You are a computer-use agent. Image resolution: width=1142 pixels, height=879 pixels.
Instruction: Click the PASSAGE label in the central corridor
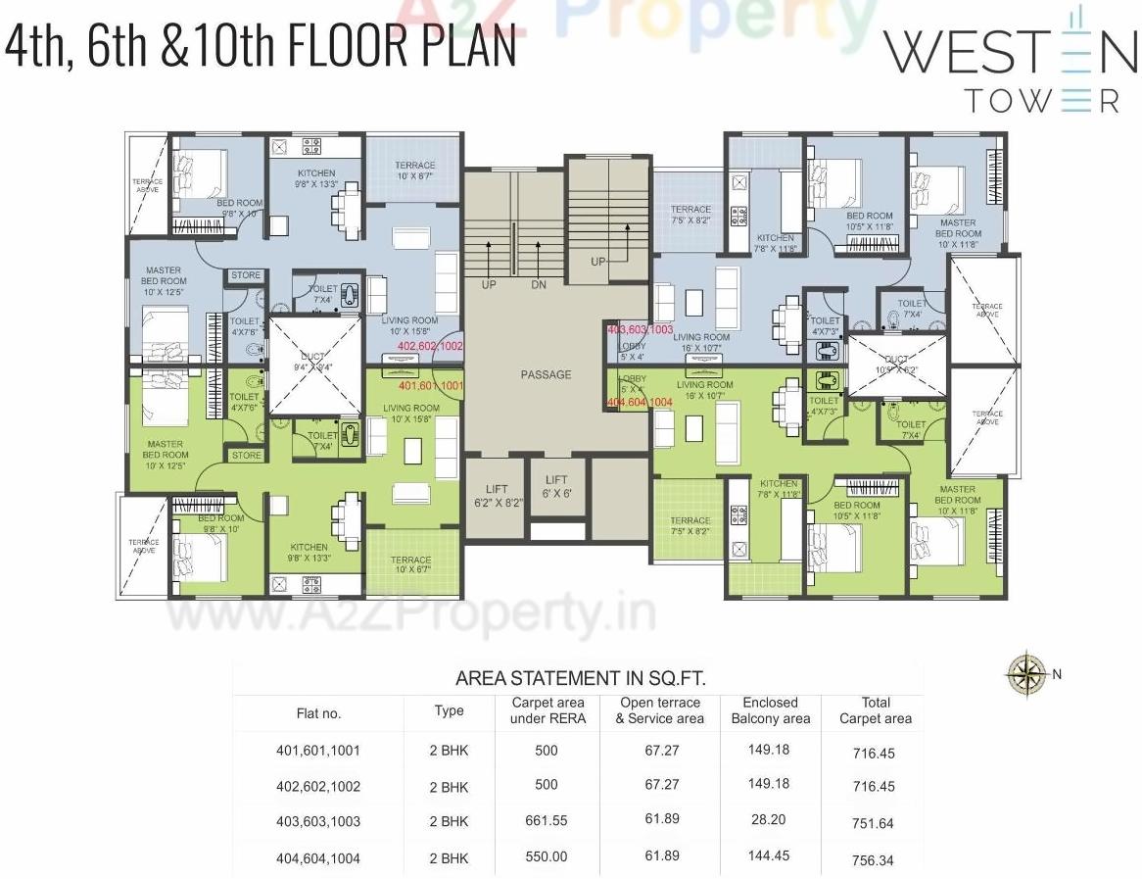[x=546, y=374]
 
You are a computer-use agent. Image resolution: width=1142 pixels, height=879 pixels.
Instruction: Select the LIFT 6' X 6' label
[x=556, y=488]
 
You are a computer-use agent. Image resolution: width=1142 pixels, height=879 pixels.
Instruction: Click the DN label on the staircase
[x=539, y=285]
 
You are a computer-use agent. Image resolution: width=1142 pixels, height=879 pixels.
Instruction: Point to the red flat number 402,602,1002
[x=430, y=346]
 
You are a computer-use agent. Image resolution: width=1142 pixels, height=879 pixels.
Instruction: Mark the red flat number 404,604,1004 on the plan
[x=640, y=402]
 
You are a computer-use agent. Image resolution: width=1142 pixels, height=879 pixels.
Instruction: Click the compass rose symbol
[x=1026, y=672]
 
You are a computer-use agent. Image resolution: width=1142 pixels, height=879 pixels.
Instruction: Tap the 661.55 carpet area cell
[x=546, y=821]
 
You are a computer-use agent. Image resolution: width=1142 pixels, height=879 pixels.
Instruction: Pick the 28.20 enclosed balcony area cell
[x=769, y=821]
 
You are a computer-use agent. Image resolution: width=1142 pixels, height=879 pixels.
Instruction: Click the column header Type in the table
[x=449, y=710]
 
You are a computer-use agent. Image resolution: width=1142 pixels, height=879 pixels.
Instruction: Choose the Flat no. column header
[x=318, y=713]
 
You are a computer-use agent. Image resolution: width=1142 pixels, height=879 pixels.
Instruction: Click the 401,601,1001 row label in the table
[x=318, y=751]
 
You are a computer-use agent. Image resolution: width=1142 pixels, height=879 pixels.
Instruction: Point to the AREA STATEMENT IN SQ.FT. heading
[x=581, y=678]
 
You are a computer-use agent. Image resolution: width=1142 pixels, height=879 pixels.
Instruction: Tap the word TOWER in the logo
[x=1041, y=100]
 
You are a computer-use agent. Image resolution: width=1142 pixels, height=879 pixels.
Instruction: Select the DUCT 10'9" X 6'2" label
[x=897, y=366]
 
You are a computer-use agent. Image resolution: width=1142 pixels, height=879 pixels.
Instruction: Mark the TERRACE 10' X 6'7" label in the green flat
[x=412, y=564]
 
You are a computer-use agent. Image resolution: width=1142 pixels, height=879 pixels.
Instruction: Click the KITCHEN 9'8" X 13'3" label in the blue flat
[x=316, y=178]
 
